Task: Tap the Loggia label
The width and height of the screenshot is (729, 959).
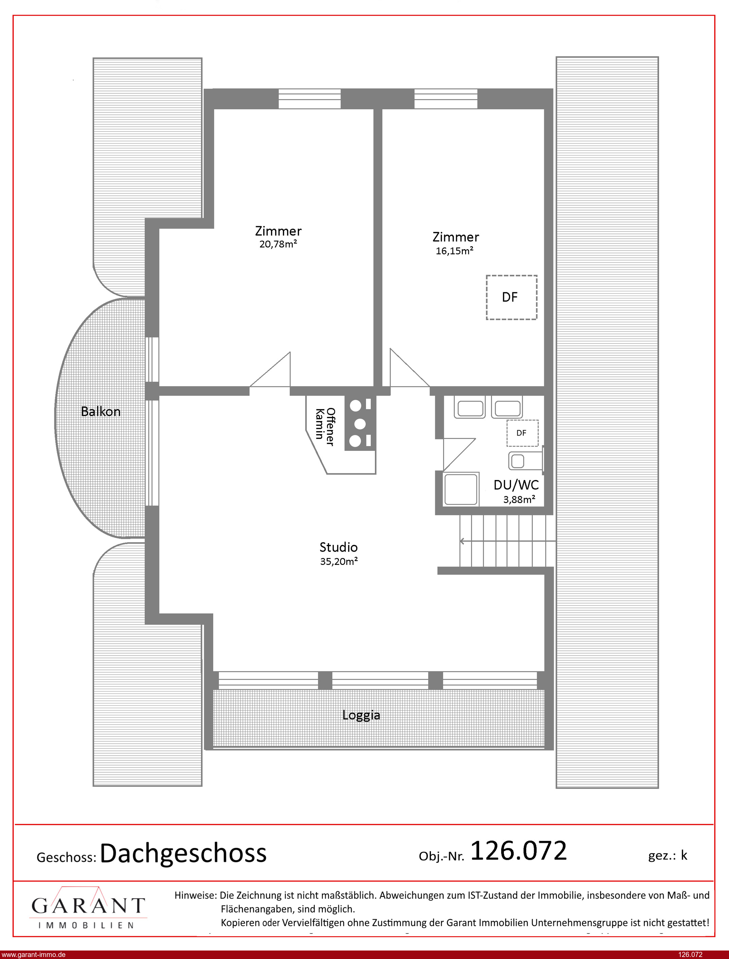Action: tap(361, 715)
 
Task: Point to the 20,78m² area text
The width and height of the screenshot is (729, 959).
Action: tap(278, 244)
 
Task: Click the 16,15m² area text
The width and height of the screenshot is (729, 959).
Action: tap(454, 251)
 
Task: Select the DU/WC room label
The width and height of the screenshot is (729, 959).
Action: tap(516, 485)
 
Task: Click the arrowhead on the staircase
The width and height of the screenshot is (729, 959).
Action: tap(462, 541)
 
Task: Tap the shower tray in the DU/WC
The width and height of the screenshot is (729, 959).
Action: tap(461, 489)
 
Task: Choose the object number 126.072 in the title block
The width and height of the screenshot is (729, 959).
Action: tap(518, 851)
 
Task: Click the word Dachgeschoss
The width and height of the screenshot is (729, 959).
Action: tap(183, 854)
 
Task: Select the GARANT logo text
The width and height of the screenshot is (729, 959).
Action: tap(88, 906)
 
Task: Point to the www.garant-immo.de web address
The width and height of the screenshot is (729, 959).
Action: tap(33, 955)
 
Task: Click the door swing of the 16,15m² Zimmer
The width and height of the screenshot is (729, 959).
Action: tap(409, 367)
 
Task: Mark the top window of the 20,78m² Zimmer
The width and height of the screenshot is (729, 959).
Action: tap(309, 99)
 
